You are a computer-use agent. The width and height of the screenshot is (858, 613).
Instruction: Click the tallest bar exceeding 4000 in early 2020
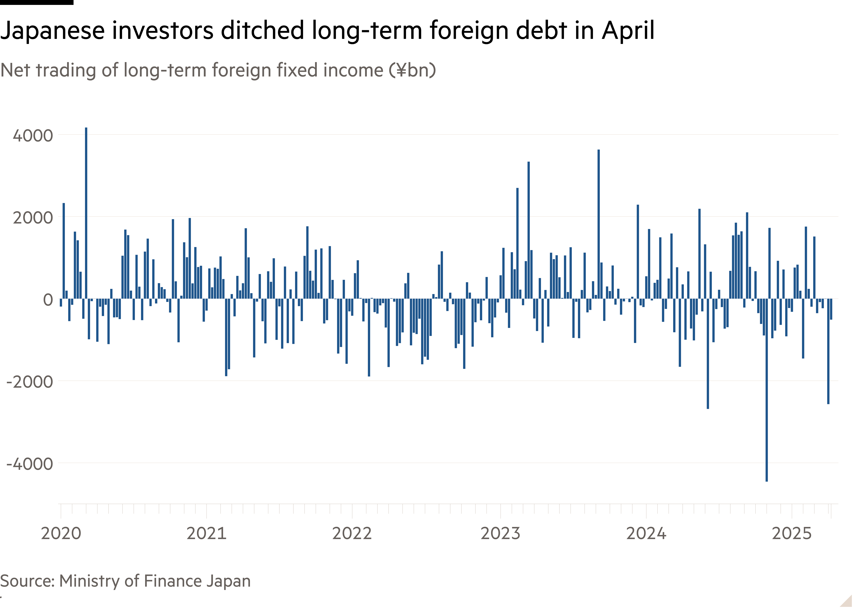86,213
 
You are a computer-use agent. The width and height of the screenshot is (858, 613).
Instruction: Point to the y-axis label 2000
33,218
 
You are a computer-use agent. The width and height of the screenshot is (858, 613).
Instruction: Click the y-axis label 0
48,300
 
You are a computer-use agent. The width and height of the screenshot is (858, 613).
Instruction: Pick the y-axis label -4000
30,464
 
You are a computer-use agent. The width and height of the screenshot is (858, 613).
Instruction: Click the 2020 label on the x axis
61,533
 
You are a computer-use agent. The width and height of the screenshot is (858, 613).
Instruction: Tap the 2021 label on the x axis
206,533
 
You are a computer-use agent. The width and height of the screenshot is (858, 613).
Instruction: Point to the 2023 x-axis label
500,533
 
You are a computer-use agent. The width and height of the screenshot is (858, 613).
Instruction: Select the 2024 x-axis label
646,533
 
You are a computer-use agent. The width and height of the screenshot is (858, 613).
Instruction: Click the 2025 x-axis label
792,533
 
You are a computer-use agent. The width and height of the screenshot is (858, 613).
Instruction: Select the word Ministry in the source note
89,581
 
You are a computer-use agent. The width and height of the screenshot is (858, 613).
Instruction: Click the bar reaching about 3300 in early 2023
529,230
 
